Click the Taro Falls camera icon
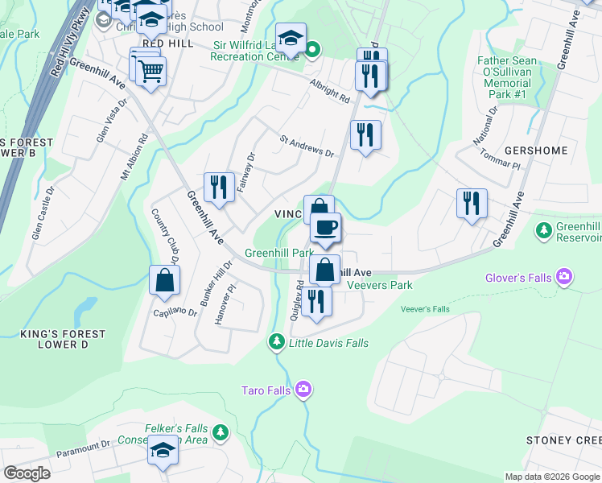point(303,390)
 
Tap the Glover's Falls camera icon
point(564,278)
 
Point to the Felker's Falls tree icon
point(220,433)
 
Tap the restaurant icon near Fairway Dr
point(219,188)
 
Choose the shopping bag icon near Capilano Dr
point(164,281)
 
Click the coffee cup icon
point(325,228)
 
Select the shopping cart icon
point(150,71)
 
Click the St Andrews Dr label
point(307,145)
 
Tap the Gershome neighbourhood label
point(535,151)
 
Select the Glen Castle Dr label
point(38,213)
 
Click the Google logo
point(27,473)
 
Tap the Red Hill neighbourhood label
point(167,43)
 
